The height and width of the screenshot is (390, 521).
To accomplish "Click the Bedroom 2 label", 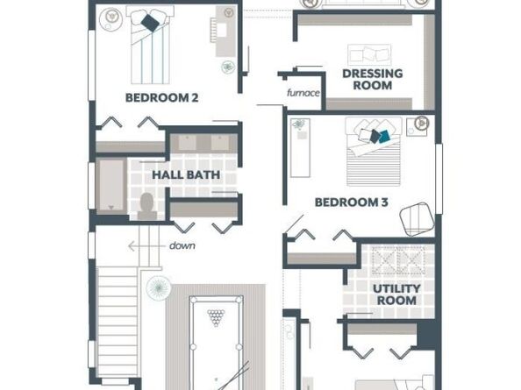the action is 161,98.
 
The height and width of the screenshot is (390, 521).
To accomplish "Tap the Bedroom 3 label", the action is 351,202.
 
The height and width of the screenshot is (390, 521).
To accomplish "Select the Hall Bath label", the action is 186,174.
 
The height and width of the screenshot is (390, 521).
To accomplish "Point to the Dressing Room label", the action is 373,80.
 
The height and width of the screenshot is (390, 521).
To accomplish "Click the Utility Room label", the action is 396,294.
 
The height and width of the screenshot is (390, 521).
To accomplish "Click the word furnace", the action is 303,93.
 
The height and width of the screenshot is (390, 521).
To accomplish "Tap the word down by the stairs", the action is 182,246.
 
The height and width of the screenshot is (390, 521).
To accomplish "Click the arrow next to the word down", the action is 146,246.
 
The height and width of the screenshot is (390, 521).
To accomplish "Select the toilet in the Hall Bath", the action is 147,206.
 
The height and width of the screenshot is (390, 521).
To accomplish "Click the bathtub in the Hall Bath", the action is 111,186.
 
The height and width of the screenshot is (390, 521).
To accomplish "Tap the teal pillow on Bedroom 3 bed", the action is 385,136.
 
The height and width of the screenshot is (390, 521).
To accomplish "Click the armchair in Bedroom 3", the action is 417,219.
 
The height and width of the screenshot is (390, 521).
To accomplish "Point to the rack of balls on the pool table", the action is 217,317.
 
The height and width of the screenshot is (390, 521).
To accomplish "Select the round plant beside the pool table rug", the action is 159,287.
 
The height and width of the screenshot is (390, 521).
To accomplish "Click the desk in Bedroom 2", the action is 226,31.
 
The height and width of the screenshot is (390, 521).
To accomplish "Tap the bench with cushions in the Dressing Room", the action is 369,54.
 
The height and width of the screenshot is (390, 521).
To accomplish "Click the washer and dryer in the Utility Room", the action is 398,260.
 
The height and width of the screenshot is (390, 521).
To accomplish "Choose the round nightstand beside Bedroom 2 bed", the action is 112,18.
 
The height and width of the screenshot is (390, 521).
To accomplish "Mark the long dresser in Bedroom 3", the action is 300,148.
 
